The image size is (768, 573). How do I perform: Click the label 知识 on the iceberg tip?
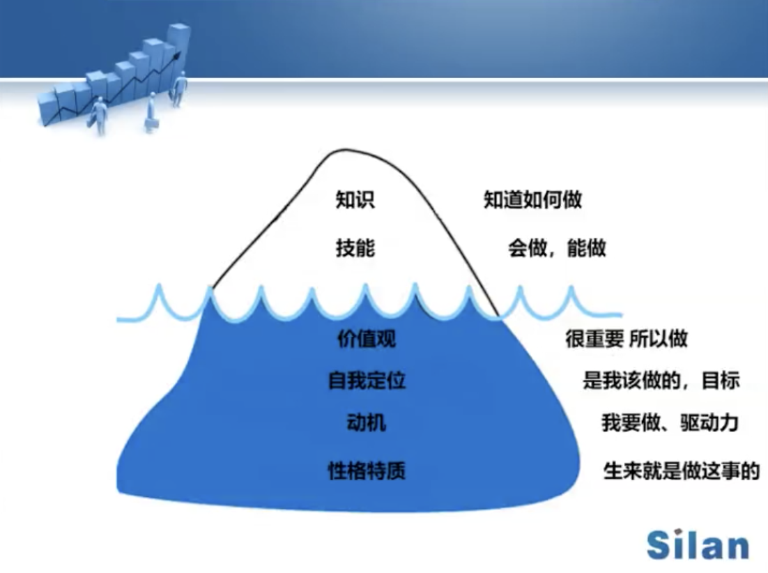pyautogui.click(x=355, y=200)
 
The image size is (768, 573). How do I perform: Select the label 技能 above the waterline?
pyautogui.click(x=355, y=247)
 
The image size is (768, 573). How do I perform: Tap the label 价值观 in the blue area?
pyautogui.click(x=367, y=338)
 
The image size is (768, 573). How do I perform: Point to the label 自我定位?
pyautogui.click(x=367, y=381)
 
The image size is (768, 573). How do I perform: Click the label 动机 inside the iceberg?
pyautogui.click(x=367, y=422)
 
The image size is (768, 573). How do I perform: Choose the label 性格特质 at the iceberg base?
pyautogui.click(x=367, y=471)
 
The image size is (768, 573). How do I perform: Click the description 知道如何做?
pyautogui.click(x=533, y=200)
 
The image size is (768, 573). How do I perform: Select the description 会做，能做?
pyautogui.click(x=557, y=247)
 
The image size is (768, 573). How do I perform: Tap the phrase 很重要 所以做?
pyautogui.click(x=627, y=338)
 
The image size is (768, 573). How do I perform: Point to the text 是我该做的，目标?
pyautogui.click(x=661, y=381)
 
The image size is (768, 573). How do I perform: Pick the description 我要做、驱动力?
pyautogui.click(x=670, y=422)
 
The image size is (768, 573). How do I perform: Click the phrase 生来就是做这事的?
pyautogui.click(x=682, y=471)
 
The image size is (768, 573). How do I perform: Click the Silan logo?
pyautogui.click(x=698, y=544)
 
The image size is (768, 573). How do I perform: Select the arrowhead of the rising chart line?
pyautogui.click(x=177, y=55)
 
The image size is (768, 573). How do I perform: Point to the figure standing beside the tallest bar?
pyautogui.click(x=179, y=89)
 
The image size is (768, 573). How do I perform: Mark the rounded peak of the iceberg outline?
pyautogui.click(x=346, y=150)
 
